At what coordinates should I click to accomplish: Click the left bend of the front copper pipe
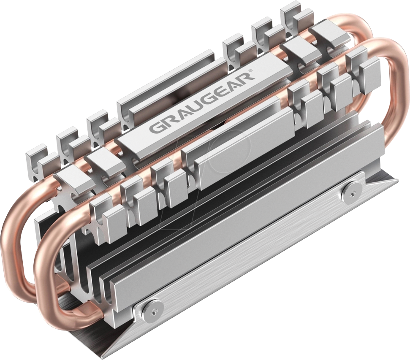point(42,270)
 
